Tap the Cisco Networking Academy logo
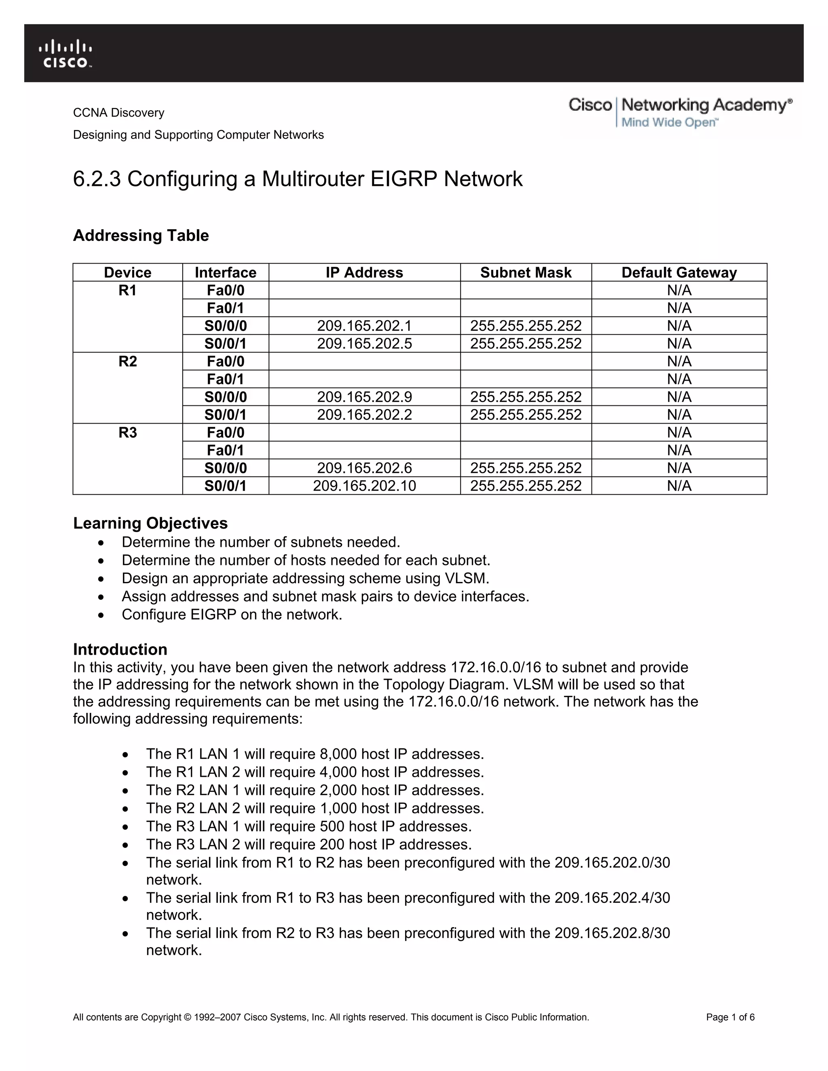pos(680,112)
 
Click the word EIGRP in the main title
pos(403,179)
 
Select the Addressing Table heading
pos(141,235)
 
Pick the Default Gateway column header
pos(679,273)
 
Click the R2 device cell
pos(127,362)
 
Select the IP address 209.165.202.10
pos(364,486)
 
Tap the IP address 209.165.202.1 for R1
pos(364,326)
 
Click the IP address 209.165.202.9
pos(364,397)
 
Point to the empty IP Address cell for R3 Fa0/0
pos(364,432)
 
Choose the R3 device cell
pos(127,433)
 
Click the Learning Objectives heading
pos(150,523)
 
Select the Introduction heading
pos(120,649)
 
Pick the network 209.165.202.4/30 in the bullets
pos(612,898)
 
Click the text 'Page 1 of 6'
pos(730,1018)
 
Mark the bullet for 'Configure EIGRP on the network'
pos(101,615)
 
